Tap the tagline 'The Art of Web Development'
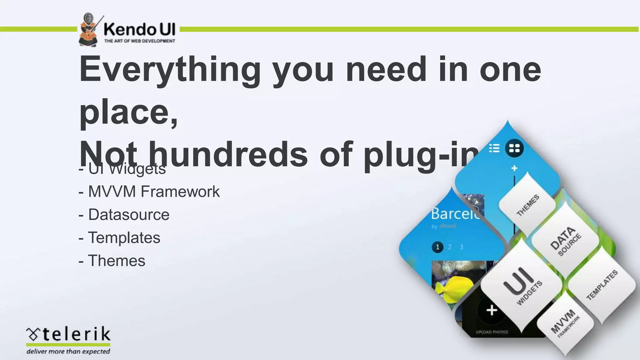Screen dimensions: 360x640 [139, 41]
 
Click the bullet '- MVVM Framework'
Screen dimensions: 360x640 [149, 192]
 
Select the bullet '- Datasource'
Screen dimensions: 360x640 [124, 215]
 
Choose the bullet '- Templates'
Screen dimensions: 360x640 [119, 237]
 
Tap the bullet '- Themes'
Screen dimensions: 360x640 [112, 261]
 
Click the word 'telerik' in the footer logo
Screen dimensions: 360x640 [76, 334]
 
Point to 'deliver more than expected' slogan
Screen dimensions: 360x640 [68, 352]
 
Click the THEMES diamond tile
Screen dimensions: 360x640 [527, 205]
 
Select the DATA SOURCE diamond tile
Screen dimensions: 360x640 [565, 241]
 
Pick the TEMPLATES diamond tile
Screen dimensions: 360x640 [602, 285]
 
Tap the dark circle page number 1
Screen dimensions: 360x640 [437, 247]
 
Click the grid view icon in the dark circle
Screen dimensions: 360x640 [514, 148]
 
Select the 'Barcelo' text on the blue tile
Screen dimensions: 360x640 [455, 214]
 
